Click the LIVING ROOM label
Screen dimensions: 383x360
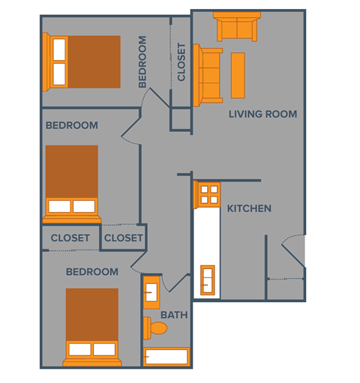[262, 114]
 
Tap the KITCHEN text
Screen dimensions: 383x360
[249, 208]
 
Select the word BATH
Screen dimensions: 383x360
[174, 315]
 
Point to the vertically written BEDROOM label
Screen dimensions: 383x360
[142, 62]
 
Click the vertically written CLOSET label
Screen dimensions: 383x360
[181, 62]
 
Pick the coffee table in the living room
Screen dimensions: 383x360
[238, 75]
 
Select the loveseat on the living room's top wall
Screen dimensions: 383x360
[236, 27]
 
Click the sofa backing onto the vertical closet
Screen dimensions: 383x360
[208, 74]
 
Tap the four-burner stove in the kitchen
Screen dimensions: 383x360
[206, 195]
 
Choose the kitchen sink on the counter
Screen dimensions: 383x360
[207, 280]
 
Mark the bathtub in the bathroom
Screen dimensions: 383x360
[167, 358]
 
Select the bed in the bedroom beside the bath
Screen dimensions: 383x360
[91, 326]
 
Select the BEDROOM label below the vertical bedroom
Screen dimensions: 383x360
[71, 125]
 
